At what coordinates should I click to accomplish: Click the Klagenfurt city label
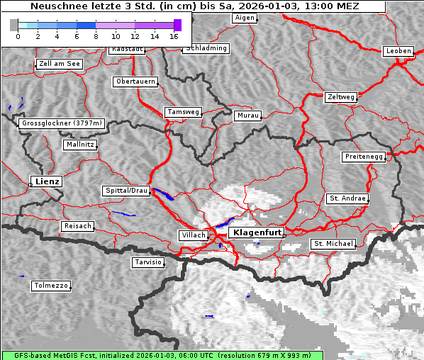click(257, 232)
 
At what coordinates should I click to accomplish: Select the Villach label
click(193, 235)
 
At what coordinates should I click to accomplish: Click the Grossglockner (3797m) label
click(62, 123)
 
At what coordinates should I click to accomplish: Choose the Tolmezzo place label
click(51, 286)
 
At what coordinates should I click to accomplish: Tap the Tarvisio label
click(148, 262)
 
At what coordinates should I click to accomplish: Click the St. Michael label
click(333, 244)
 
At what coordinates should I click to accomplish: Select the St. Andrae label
click(347, 198)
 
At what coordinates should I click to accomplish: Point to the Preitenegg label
click(364, 157)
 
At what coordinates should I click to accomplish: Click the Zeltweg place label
click(340, 96)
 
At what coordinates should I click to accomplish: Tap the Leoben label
click(398, 51)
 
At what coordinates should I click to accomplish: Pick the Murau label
click(248, 115)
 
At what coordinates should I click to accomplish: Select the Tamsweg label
click(184, 112)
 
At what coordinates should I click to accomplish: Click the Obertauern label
click(135, 81)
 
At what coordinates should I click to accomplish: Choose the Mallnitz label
click(79, 145)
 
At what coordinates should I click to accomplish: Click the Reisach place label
click(78, 226)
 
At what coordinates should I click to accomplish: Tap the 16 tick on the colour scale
click(174, 35)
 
